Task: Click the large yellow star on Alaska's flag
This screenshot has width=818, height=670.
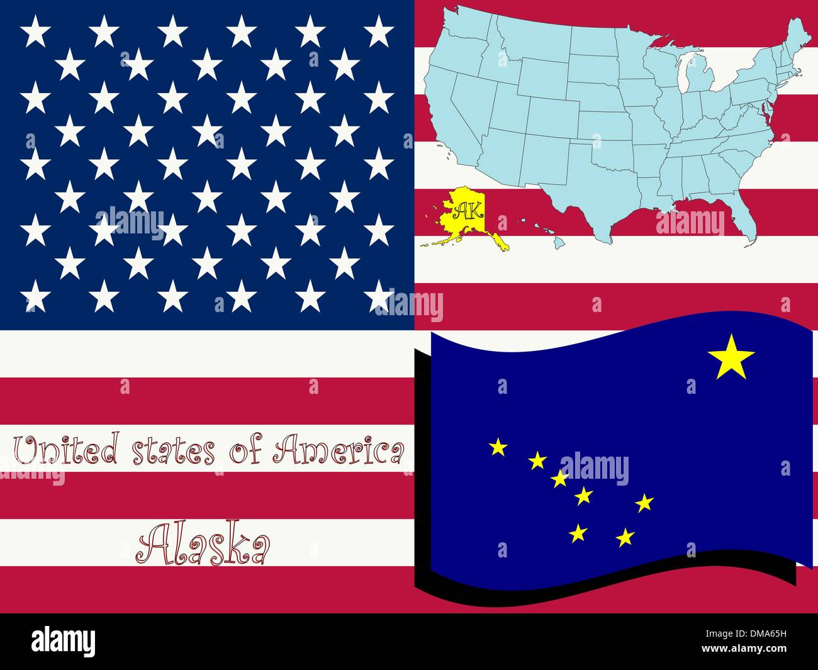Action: point(731,357)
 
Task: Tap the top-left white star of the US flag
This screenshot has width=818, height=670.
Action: point(35,31)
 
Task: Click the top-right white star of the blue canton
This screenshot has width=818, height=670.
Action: point(379,31)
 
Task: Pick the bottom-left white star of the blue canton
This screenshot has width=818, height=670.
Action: point(35,295)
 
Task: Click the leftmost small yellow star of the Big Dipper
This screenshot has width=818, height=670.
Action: point(498,447)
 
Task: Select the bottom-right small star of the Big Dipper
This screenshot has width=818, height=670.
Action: point(625,537)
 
